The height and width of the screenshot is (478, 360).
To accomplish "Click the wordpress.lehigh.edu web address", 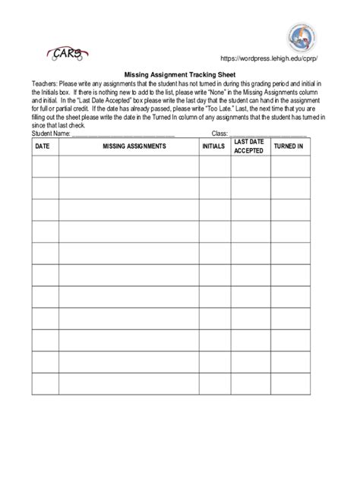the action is click(268, 60).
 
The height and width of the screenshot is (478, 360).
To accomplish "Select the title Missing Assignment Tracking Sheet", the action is click(179, 75).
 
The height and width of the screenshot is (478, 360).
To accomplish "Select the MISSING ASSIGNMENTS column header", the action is click(128, 146).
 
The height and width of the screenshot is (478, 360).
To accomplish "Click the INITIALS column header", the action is click(213, 146).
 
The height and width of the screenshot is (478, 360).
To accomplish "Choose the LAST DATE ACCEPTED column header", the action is click(248, 146).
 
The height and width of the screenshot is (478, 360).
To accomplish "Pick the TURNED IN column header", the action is click(289, 146).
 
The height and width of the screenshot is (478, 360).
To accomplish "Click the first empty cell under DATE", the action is click(45, 166).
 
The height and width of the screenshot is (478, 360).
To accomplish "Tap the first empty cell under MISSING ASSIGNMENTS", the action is click(128, 166).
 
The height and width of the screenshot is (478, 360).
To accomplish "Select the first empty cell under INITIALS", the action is click(213, 166).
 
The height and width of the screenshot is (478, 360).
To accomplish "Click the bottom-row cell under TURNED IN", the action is click(289, 384).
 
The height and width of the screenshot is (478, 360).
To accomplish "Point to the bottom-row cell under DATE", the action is click(45, 384).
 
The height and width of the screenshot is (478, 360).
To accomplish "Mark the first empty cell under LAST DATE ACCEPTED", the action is click(248, 166).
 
